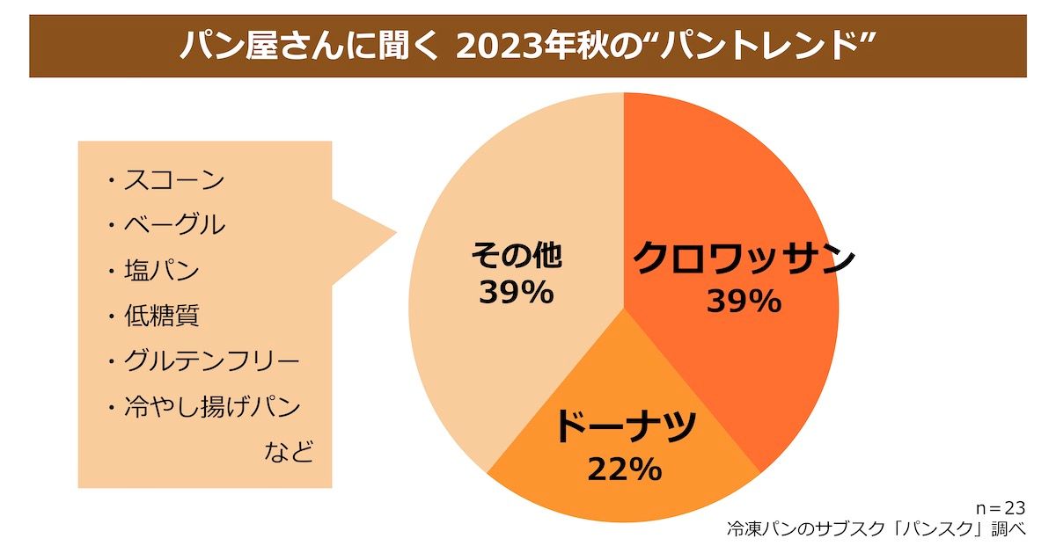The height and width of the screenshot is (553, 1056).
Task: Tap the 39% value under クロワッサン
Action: click(744, 302)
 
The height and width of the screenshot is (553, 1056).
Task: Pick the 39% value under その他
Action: click(517, 292)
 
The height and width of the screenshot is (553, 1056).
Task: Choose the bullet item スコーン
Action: click(173, 181)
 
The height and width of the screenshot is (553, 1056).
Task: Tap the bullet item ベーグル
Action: click(173, 225)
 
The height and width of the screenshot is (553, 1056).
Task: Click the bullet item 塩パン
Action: click(161, 270)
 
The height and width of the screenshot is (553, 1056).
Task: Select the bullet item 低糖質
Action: click(161, 316)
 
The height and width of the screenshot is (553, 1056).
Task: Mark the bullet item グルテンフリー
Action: click(211, 361)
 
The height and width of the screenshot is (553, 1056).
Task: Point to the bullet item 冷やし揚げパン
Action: click(211, 407)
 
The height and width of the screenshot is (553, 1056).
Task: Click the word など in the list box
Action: click(290, 453)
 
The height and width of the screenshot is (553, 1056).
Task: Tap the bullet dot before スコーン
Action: click(112, 183)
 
